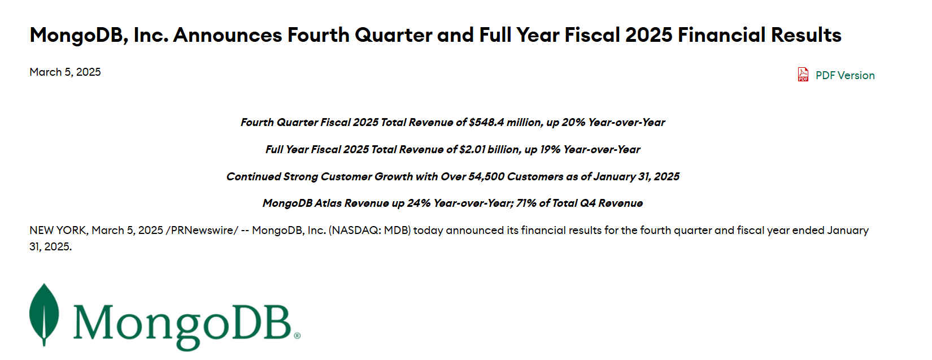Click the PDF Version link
click(x=844, y=75)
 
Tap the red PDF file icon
click(x=803, y=75)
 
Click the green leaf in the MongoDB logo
click(x=44, y=315)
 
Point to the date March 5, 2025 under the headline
click(x=66, y=72)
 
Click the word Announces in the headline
click(x=228, y=35)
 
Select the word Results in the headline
click(x=806, y=35)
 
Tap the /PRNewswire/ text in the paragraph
click(x=202, y=230)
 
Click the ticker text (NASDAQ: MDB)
click(x=369, y=230)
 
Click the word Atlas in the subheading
click(x=328, y=203)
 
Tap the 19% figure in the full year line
click(x=550, y=149)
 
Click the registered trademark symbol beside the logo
click(x=297, y=336)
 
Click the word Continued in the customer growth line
click(x=254, y=176)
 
